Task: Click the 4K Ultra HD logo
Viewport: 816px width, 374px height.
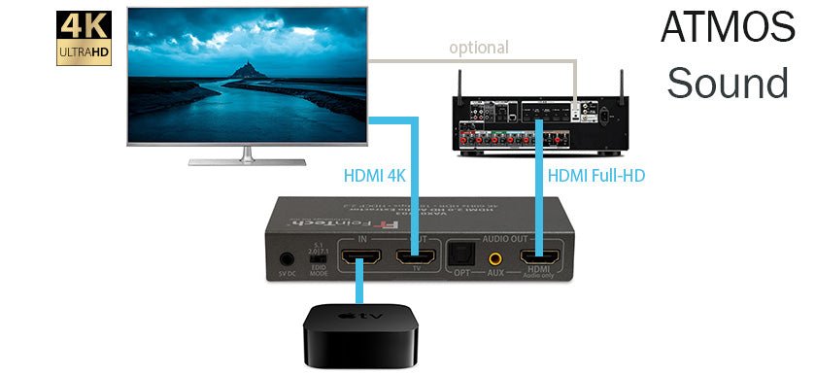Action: point(84,39)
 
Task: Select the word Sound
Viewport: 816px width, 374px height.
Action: point(728,83)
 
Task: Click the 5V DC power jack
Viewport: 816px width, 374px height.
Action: point(286,259)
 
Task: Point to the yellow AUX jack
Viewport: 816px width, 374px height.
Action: point(496,259)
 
